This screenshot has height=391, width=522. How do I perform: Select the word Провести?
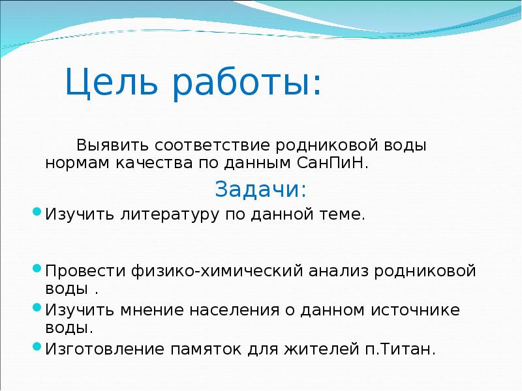coord(83,270)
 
